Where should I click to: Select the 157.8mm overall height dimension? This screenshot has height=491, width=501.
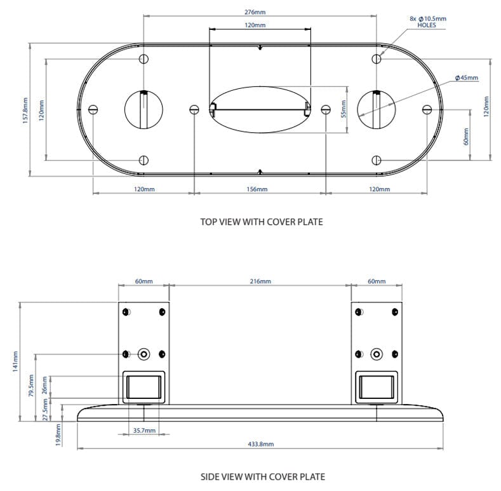(25, 110)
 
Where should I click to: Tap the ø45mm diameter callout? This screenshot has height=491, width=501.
(467, 77)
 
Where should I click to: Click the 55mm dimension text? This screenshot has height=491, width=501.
(343, 109)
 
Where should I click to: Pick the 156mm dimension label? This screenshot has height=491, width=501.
(257, 189)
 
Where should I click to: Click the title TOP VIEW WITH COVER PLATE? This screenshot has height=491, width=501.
(261, 222)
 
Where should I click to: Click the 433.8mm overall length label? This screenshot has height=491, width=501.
(260, 444)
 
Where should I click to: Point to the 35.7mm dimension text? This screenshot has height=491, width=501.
(144, 430)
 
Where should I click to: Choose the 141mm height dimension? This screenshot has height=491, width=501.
(15, 362)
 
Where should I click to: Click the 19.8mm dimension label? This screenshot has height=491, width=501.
(58, 435)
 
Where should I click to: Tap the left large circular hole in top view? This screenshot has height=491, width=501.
(144, 109)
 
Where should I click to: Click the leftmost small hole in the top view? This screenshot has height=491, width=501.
(93, 109)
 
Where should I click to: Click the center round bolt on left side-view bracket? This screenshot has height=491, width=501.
(144, 354)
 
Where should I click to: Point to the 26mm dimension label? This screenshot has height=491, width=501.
(44, 386)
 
